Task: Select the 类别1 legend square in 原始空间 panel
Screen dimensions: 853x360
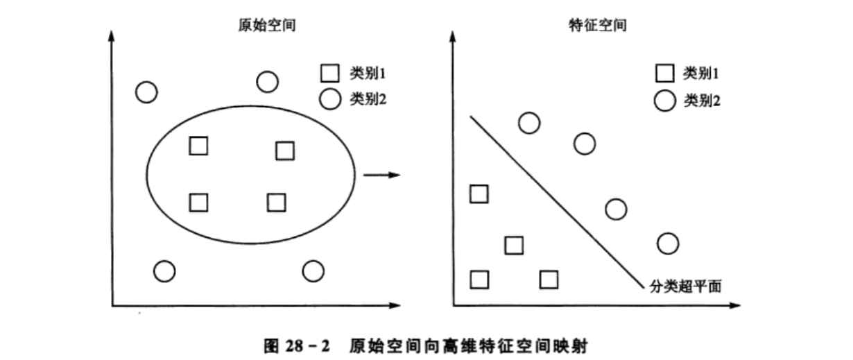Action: [330, 73]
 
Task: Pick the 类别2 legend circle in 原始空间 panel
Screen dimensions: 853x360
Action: [330, 99]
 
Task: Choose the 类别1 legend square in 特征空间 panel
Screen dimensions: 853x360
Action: [665, 73]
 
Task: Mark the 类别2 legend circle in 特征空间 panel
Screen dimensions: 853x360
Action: [665, 101]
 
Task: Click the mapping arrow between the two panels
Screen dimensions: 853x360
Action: [382, 175]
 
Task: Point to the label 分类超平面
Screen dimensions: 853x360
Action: [686, 284]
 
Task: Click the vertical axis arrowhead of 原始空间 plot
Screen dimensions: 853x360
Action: [112, 34]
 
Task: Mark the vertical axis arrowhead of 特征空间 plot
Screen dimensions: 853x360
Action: [454, 34]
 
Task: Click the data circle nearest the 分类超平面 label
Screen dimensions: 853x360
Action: [667, 243]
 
